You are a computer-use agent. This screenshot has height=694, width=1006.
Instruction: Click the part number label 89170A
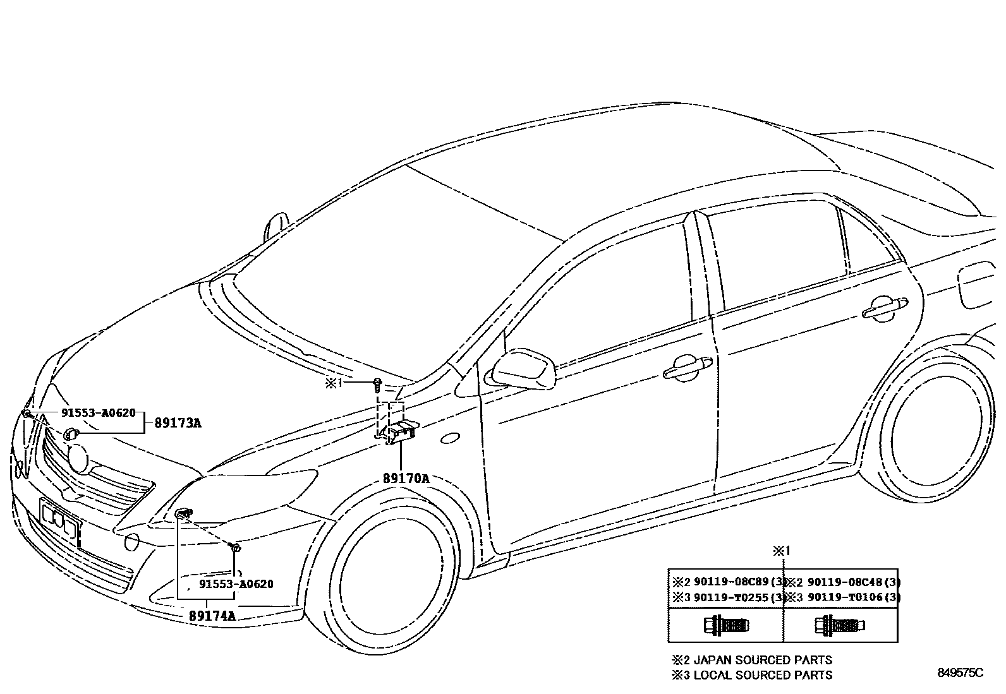(405, 479)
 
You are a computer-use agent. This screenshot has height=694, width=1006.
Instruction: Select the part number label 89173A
(178, 423)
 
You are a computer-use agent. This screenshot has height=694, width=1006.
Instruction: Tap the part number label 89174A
(212, 616)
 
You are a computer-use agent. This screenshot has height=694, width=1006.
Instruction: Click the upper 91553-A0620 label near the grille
(98, 413)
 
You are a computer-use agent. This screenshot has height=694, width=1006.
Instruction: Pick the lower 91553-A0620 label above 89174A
(236, 584)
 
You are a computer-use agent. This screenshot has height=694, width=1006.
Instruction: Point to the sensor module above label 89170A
(401, 431)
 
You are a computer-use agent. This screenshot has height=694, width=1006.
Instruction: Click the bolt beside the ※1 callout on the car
(377, 383)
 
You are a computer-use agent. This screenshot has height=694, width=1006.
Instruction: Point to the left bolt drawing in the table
(725, 625)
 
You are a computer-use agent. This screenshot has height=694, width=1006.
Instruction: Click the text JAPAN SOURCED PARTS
(763, 660)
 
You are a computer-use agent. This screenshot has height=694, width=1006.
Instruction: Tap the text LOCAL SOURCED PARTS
(763, 675)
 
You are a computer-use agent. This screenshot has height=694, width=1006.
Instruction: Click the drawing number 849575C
(961, 673)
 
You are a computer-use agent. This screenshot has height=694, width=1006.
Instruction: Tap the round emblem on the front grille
(79, 458)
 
